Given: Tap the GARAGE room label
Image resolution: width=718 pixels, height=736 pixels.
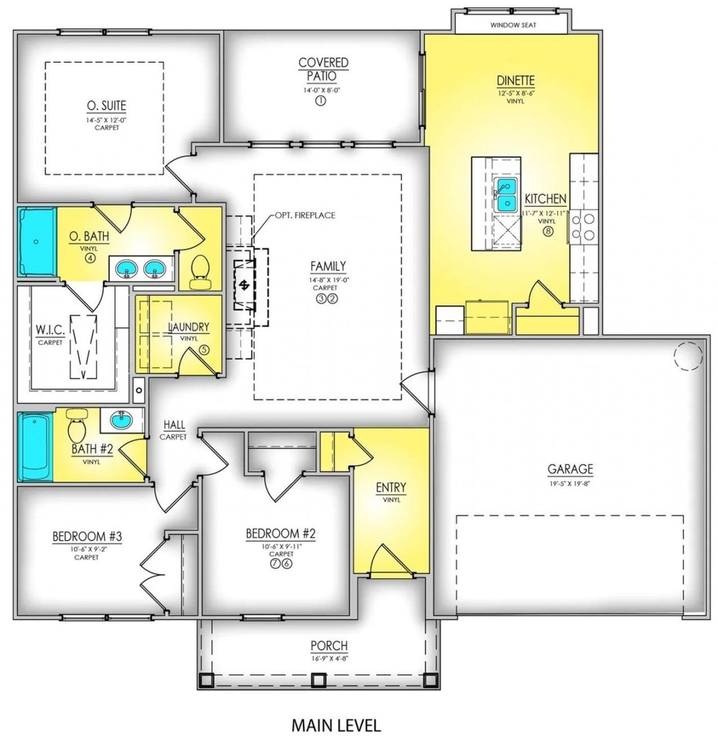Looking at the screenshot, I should (570, 469).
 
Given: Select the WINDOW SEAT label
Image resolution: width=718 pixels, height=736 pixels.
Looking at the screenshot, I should (513, 25).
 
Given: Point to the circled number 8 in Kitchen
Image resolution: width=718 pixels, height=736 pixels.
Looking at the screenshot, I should (547, 231).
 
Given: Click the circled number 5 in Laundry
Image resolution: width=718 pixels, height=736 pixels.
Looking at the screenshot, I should (204, 349).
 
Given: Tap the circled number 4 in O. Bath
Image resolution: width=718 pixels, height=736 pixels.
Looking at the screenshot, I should (89, 258).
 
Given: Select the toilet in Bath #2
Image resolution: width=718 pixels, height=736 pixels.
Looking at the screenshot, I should (76, 425).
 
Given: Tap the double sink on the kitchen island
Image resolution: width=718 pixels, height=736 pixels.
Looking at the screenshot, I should (505, 194).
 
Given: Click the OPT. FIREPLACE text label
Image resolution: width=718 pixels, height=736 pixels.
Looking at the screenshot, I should (305, 215).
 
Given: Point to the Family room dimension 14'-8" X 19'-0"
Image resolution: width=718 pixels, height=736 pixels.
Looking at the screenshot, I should (328, 280).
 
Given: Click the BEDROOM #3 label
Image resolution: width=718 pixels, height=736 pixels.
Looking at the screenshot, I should (87, 537).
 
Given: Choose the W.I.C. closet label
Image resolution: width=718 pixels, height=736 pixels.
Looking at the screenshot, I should (50, 330).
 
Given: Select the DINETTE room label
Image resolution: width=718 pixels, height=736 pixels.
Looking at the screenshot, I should (516, 81).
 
